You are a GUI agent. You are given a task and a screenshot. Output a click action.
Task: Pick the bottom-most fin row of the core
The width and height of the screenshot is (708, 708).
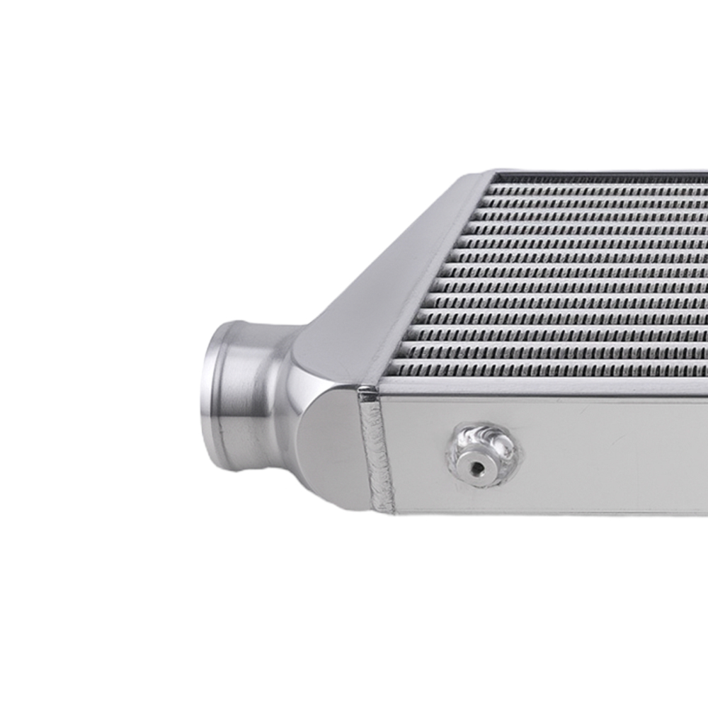[552, 370]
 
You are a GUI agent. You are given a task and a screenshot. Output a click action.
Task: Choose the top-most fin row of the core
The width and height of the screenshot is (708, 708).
[602, 189]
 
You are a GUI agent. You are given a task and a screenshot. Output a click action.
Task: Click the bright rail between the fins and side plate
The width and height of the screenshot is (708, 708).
[552, 386]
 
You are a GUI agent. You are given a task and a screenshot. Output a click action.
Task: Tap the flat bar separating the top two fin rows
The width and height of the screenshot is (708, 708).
[602, 196]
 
